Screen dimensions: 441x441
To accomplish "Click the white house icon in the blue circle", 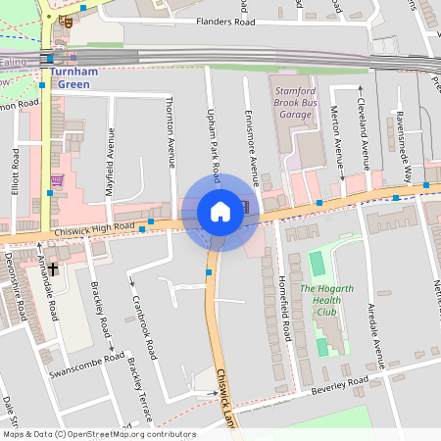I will (x=220, y=212).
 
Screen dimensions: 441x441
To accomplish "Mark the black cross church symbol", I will (x=53, y=268).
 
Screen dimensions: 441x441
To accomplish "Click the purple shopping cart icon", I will (x=57, y=180).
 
